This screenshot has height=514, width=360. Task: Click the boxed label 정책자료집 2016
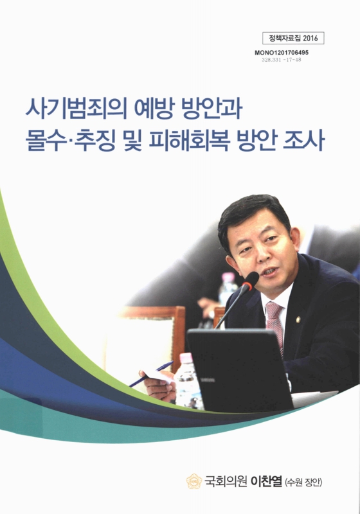click(x=294, y=38)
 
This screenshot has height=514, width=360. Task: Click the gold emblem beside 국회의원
click(x=194, y=481)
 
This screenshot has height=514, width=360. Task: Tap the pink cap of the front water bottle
click(x=186, y=358)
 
